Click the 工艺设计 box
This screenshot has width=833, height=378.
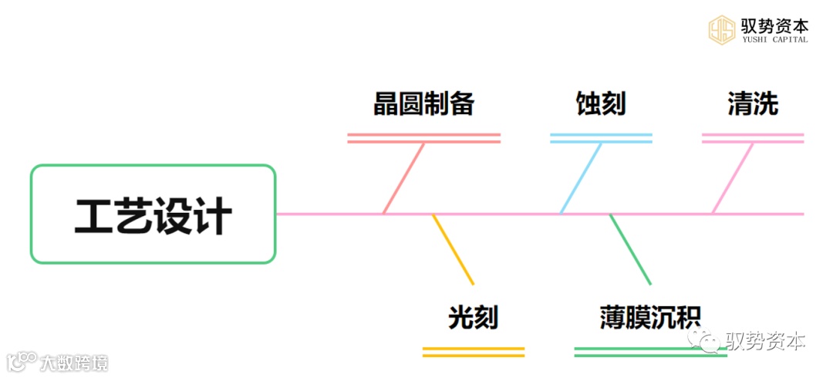coord(153,214)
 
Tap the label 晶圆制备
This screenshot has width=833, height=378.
coord(423,104)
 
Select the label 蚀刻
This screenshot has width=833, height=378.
coord(601,104)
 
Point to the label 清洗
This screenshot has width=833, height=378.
coord(753,104)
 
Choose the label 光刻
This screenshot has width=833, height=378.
coord(474,317)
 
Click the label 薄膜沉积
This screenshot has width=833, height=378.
coord(650,317)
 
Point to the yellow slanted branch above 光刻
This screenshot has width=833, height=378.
coord(454,249)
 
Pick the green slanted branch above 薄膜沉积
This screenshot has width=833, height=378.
coord(630,249)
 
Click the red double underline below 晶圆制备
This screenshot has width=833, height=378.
coord(423,138)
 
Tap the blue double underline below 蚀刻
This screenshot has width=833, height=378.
coord(601,138)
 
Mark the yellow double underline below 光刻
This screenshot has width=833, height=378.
coord(474,352)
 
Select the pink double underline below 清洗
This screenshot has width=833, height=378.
coord(753,138)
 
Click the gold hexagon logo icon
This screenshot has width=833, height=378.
coord(723,29)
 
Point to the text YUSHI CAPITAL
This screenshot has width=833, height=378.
coord(775,40)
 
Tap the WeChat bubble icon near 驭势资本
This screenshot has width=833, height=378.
coord(707,339)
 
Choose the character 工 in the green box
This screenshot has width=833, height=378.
coord(93,216)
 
